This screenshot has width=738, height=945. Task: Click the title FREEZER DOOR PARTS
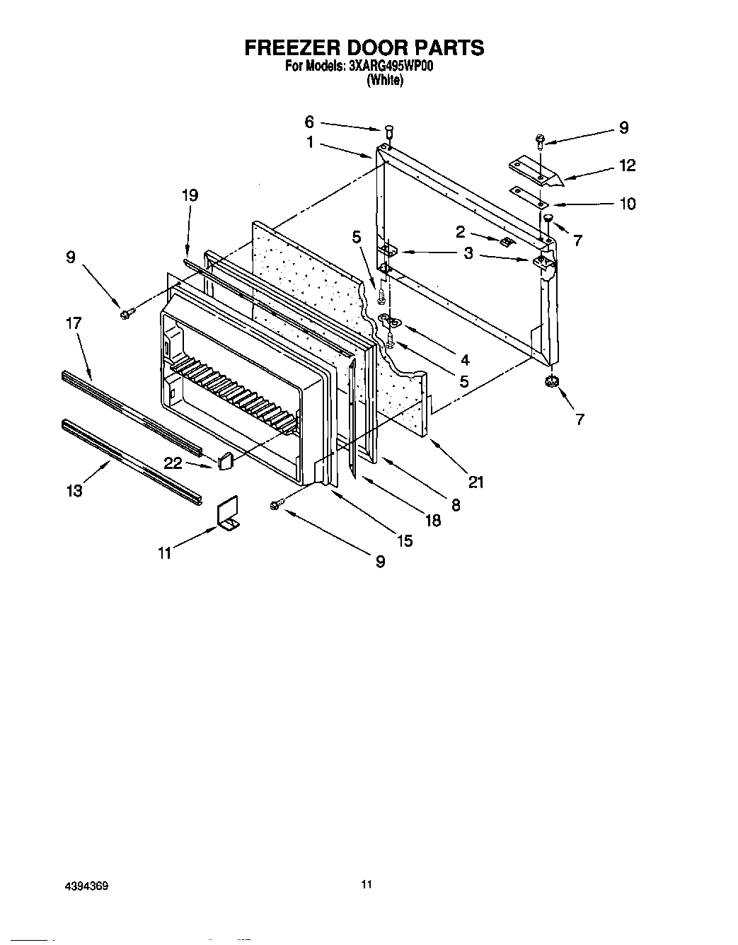[x=364, y=47]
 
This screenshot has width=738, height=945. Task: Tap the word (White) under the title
[x=384, y=81]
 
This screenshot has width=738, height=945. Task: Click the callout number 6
[x=309, y=122]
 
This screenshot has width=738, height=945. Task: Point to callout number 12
[x=627, y=166]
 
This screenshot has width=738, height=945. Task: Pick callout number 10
[x=627, y=204]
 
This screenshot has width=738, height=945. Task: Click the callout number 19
[x=190, y=196]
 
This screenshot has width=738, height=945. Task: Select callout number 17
[x=74, y=323]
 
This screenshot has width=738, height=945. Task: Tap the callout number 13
[x=74, y=490]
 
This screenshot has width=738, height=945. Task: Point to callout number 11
[x=164, y=553]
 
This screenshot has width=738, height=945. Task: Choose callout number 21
[x=476, y=482]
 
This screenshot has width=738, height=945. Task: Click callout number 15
[x=404, y=541]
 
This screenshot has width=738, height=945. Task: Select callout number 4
[x=464, y=340]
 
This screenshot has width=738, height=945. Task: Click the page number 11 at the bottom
[x=366, y=884]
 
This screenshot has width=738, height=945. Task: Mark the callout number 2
[x=460, y=231]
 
